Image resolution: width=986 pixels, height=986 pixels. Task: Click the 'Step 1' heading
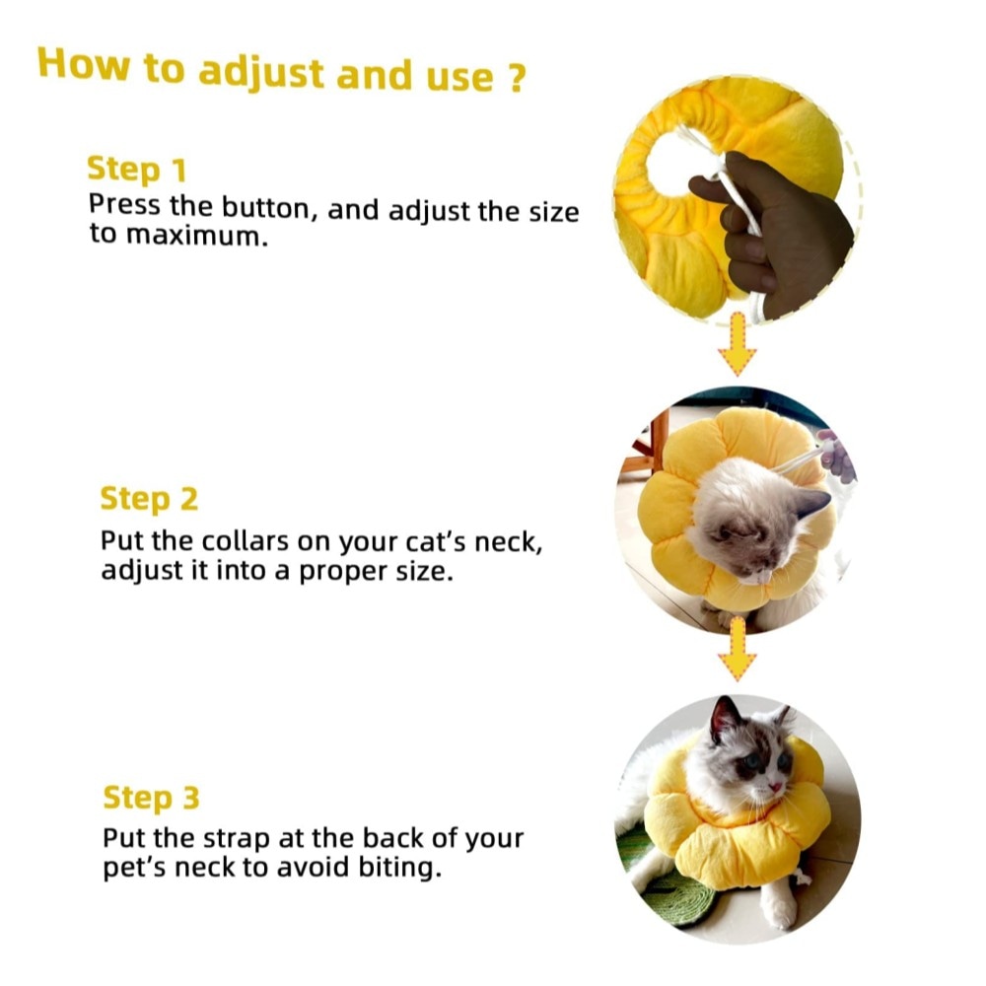[x=137, y=170]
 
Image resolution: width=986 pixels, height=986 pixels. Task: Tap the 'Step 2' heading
[x=149, y=499]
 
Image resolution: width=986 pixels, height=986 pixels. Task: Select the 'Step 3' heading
[x=151, y=797]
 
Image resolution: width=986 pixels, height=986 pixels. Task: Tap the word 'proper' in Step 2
[x=343, y=572]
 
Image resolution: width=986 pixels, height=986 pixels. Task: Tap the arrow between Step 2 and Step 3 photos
[x=737, y=650]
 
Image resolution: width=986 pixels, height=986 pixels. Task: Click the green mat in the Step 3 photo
[x=667, y=886]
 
